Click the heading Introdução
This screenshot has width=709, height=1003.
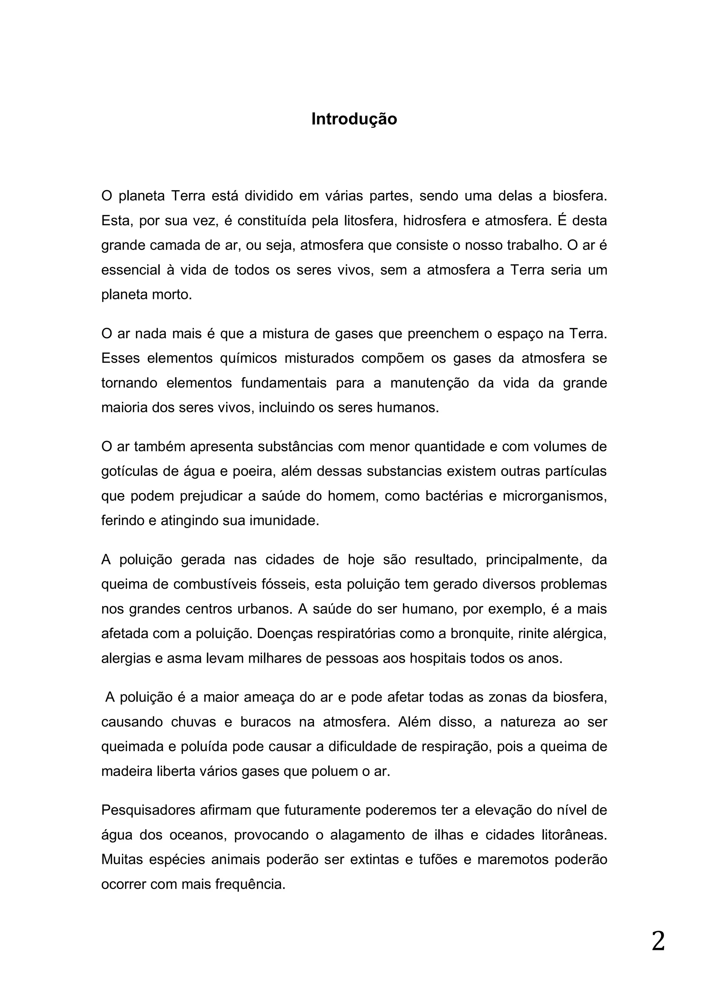click(x=354, y=119)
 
